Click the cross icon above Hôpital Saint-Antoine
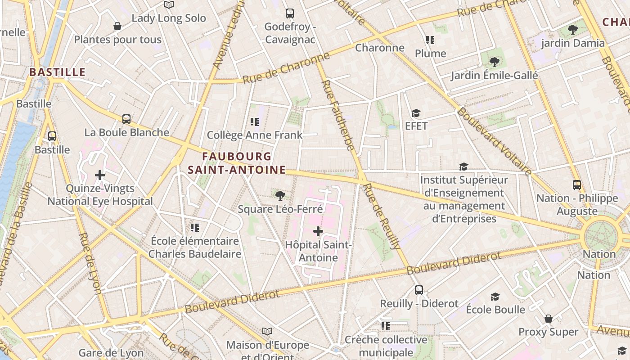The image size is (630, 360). (x=318, y=232)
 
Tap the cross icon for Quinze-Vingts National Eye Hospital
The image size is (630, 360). (x=100, y=175)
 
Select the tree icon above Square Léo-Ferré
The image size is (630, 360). (x=280, y=195)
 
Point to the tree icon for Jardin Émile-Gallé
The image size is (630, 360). (x=495, y=62)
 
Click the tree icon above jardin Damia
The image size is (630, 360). (x=573, y=30)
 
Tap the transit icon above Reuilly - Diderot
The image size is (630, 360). (x=419, y=290)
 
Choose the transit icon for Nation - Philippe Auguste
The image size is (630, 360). (x=577, y=185)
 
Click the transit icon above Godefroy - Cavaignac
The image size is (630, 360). (x=290, y=13)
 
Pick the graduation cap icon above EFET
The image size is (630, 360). (x=416, y=113)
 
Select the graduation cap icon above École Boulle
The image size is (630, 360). (x=495, y=297)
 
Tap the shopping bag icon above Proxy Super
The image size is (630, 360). (x=548, y=319)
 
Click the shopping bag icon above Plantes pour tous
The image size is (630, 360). (x=117, y=27)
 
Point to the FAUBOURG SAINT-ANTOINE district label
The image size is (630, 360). (x=237, y=163)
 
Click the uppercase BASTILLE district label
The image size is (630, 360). (x=58, y=72)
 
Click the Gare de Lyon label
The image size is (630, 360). (x=111, y=353)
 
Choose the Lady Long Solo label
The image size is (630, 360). (x=169, y=18)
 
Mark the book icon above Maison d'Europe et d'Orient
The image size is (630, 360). (x=267, y=332)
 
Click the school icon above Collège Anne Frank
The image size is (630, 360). (x=255, y=121)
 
